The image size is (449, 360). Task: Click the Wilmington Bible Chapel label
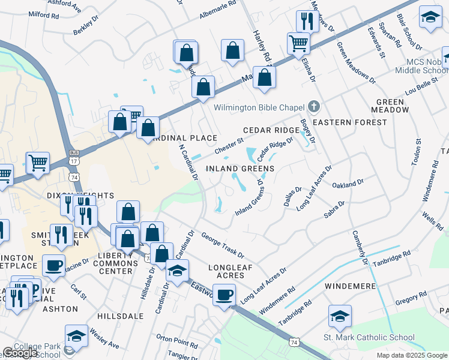click(x=259, y=108)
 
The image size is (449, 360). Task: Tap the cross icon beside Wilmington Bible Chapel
click(x=313, y=107)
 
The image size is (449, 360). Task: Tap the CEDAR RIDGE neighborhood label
click(x=271, y=130)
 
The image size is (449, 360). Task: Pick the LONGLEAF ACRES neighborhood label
click(x=226, y=271)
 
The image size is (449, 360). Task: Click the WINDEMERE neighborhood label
click(x=350, y=286)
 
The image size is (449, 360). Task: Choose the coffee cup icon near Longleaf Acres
click(x=224, y=295)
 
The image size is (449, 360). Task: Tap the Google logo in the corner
click(x=20, y=353)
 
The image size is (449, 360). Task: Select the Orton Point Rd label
click(x=173, y=339)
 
